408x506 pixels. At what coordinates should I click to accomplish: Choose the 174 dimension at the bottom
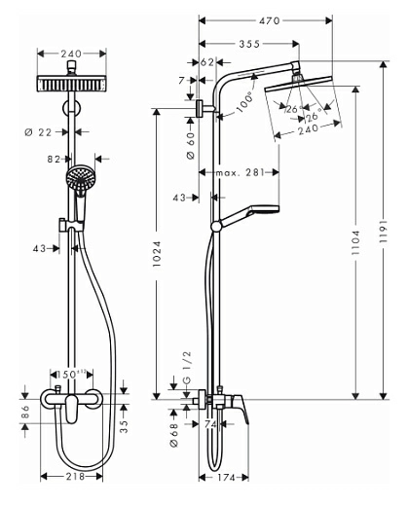[x=225, y=478]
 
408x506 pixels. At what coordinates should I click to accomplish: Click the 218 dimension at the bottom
[x=74, y=477]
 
